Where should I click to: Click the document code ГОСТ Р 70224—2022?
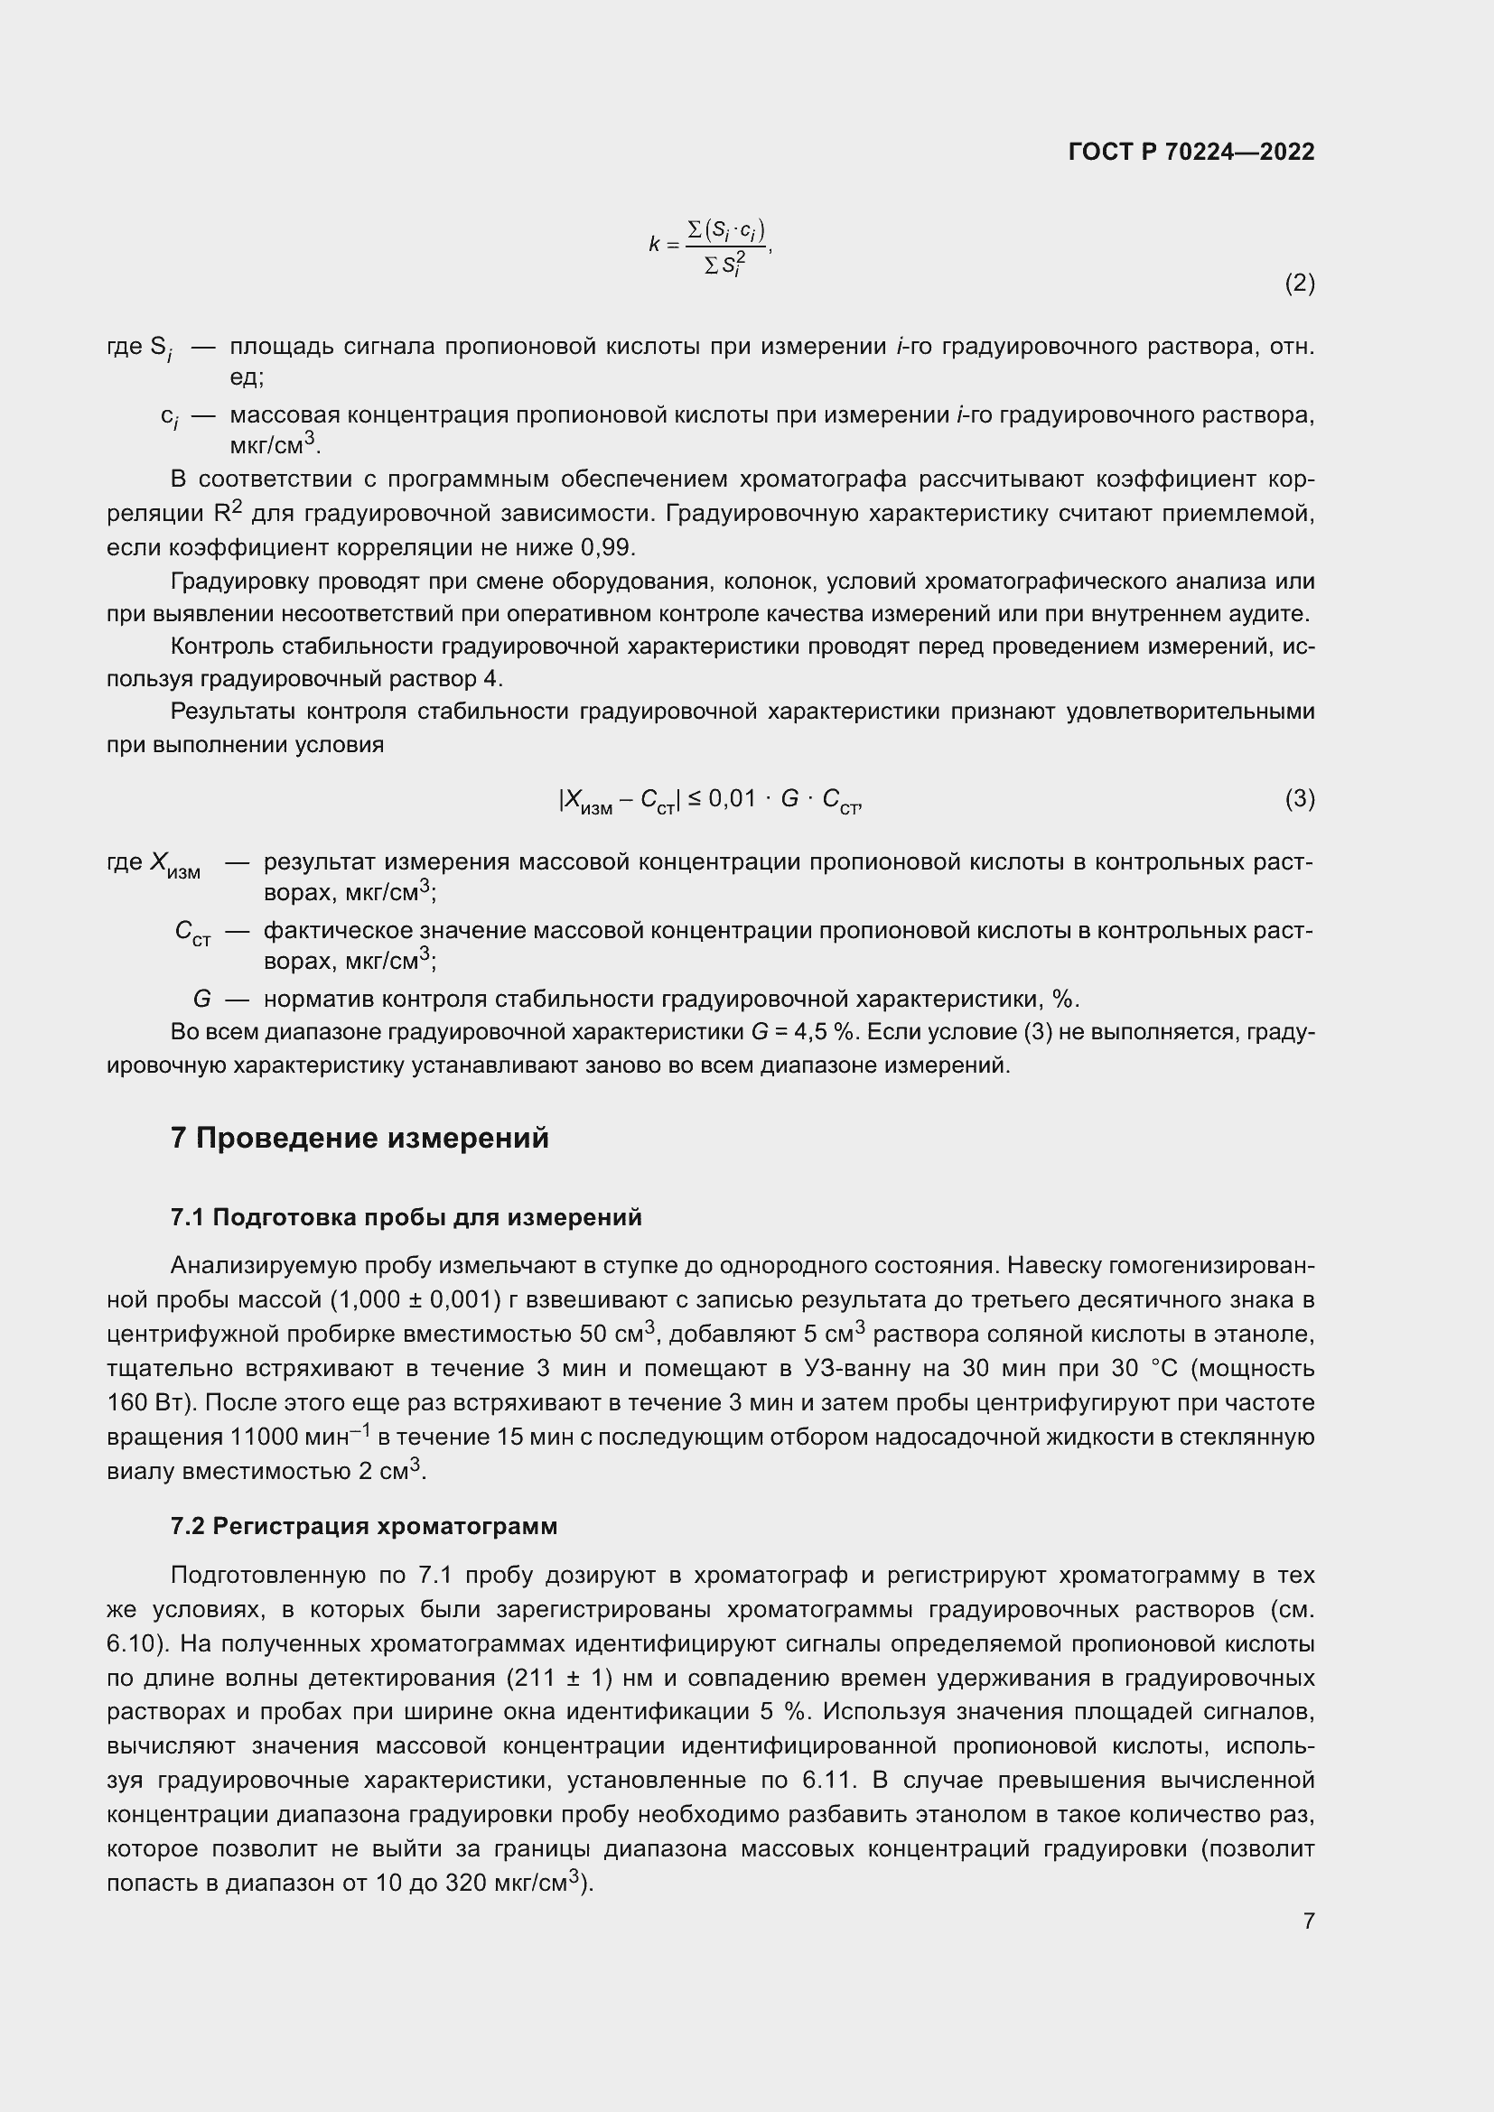tap(1191, 152)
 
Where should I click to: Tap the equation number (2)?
tap(1299, 284)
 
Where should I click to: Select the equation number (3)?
tap(1299, 798)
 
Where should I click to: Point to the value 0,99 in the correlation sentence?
tap(606, 547)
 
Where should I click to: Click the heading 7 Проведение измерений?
tap(359, 1138)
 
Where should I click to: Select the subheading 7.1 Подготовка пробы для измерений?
tap(406, 1217)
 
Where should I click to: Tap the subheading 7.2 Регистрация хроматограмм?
tap(363, 1526)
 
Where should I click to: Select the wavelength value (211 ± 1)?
tap(560, 1678)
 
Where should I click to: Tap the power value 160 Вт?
tap(150, 1403)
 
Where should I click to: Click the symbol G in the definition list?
tap(201, 998)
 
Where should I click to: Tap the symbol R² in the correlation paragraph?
tap(228, 512)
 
